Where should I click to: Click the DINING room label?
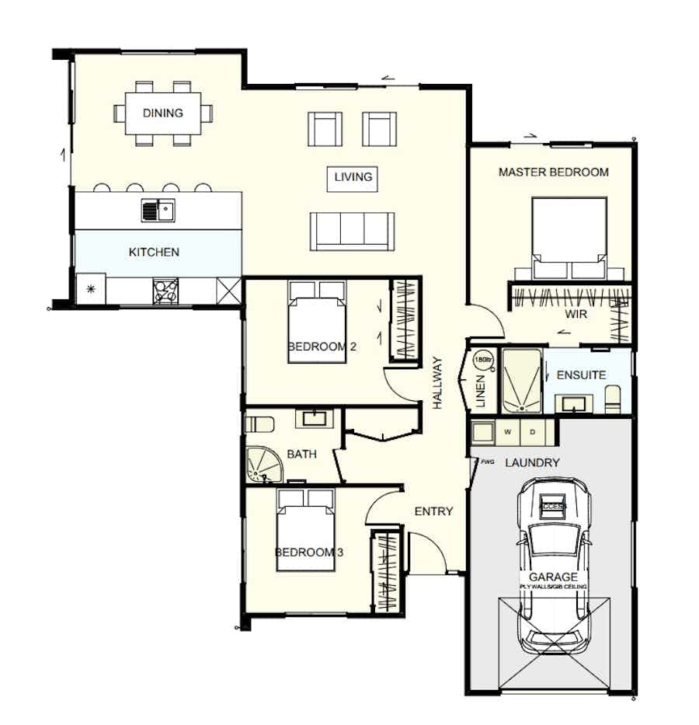(x=163, y=113)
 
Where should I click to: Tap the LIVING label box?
(x=353, y=177)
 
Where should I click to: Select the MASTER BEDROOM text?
(x=553, y=172)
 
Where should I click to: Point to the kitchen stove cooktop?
(x=165, y=291)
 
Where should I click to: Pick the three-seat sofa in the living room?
(x=351, y=231)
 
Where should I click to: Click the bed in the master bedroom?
(x=569, y=238)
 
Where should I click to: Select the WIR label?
(x=576, y=315)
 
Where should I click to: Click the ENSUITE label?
(x=581, y=375)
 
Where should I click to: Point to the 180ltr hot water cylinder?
(x=483, y=361)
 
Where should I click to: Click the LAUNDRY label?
(x=532, y=463)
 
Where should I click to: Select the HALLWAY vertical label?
(x=437, y=382)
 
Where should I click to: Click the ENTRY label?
(x=433, y=511)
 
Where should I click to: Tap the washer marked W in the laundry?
(x=507, y=431)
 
